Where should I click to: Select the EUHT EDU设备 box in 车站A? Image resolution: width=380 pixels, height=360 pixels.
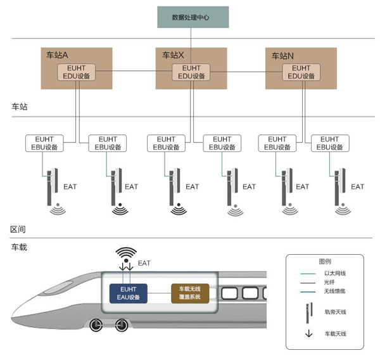point(77,72)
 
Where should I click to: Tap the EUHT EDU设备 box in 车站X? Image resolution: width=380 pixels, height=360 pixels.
point(191,72)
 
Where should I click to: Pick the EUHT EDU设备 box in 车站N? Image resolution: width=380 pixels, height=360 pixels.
point(301,72)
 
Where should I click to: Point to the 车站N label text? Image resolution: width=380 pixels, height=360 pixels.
point(282,55)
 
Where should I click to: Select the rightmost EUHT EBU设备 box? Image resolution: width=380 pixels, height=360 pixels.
point(329,143)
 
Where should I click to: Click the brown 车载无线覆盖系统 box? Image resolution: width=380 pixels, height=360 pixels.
point(190,293)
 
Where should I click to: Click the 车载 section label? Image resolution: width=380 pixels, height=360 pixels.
point(19,247)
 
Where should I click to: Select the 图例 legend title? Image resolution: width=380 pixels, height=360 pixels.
point(324,261)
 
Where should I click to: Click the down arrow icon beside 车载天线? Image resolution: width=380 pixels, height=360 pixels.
point(308,333)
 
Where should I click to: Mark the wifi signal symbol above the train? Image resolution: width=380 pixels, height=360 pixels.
point(126,254)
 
